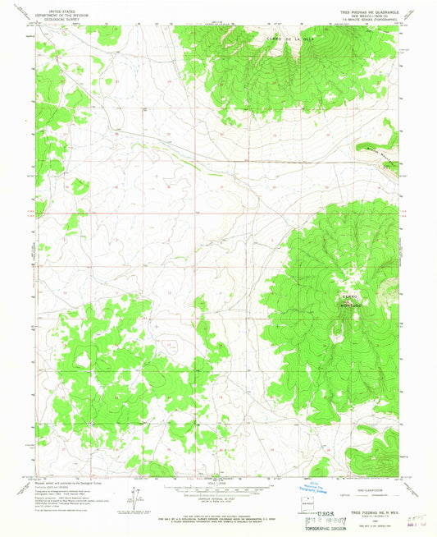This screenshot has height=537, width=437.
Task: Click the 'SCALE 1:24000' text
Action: [x=218, y=480]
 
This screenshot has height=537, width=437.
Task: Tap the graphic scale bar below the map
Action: [x=218, y=488]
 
